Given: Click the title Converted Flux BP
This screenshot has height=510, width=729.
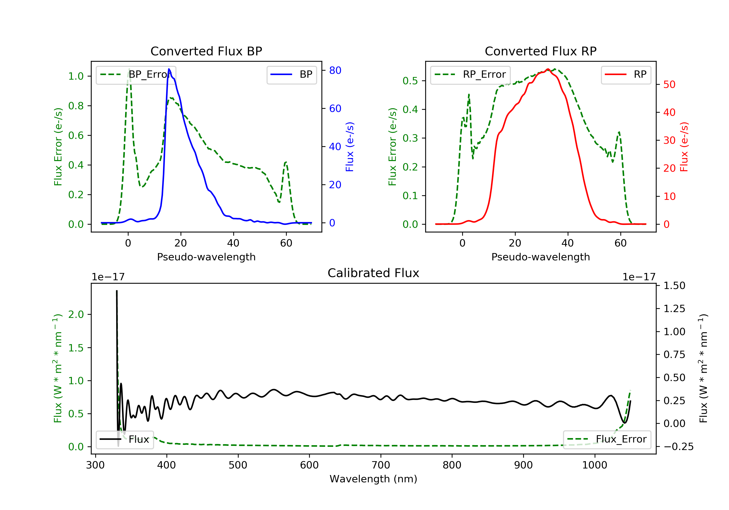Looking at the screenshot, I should coord(206,51).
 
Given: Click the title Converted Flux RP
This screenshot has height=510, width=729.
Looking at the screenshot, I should coord(540,51).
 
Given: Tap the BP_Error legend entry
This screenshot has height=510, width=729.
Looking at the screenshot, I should coord(136,75).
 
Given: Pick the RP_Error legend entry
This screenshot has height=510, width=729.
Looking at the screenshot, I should coord(470,75).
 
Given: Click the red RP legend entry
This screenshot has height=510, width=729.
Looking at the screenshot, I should coord(626,75).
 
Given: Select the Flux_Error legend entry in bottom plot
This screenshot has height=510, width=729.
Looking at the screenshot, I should coord(607,439).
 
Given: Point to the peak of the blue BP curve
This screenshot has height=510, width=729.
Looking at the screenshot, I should coord(169,69).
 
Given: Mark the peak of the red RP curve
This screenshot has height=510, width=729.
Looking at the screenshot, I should coord(548,69).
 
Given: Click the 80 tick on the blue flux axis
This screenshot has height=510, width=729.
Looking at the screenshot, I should coord(335,70).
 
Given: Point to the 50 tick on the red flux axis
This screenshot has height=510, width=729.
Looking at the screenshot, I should coord(669,85).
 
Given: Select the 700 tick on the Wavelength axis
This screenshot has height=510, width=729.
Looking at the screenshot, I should coord(381,465).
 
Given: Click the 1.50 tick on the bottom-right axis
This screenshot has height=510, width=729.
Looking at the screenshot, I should coord(674,286).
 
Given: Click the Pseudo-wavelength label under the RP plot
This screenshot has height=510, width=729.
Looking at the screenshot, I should coord(540,257).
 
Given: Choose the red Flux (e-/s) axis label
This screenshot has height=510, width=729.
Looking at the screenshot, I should coord(684,147).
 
